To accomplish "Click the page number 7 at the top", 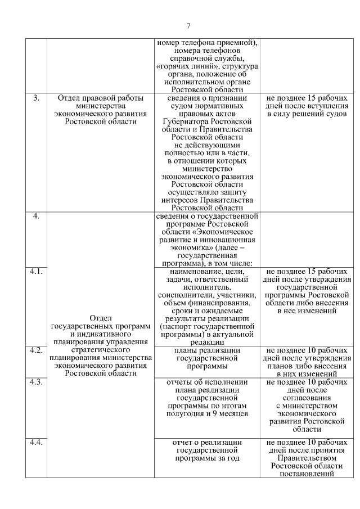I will point(188,25).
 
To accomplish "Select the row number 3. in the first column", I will point(36,97).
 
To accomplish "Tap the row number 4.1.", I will point(36,271).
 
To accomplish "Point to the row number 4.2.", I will point(36,350).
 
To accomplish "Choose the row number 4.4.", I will point(36,442).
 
